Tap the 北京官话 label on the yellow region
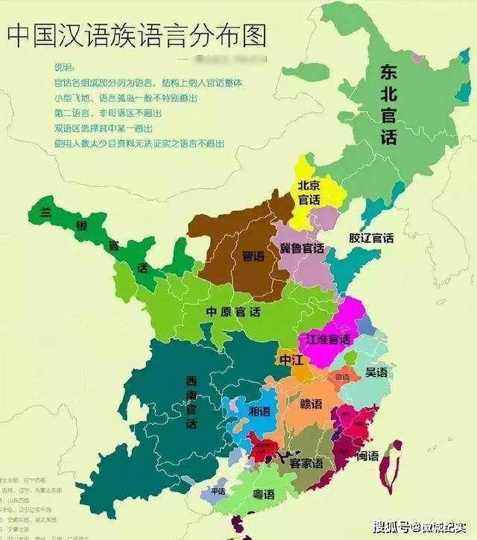310,192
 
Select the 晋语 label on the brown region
253,255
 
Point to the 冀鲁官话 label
302,248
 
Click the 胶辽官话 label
371,238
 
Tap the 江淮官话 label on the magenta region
328,340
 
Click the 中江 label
291,360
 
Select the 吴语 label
376,372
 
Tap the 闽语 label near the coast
367,455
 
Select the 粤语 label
262,495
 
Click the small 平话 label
218,492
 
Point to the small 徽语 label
342,377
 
